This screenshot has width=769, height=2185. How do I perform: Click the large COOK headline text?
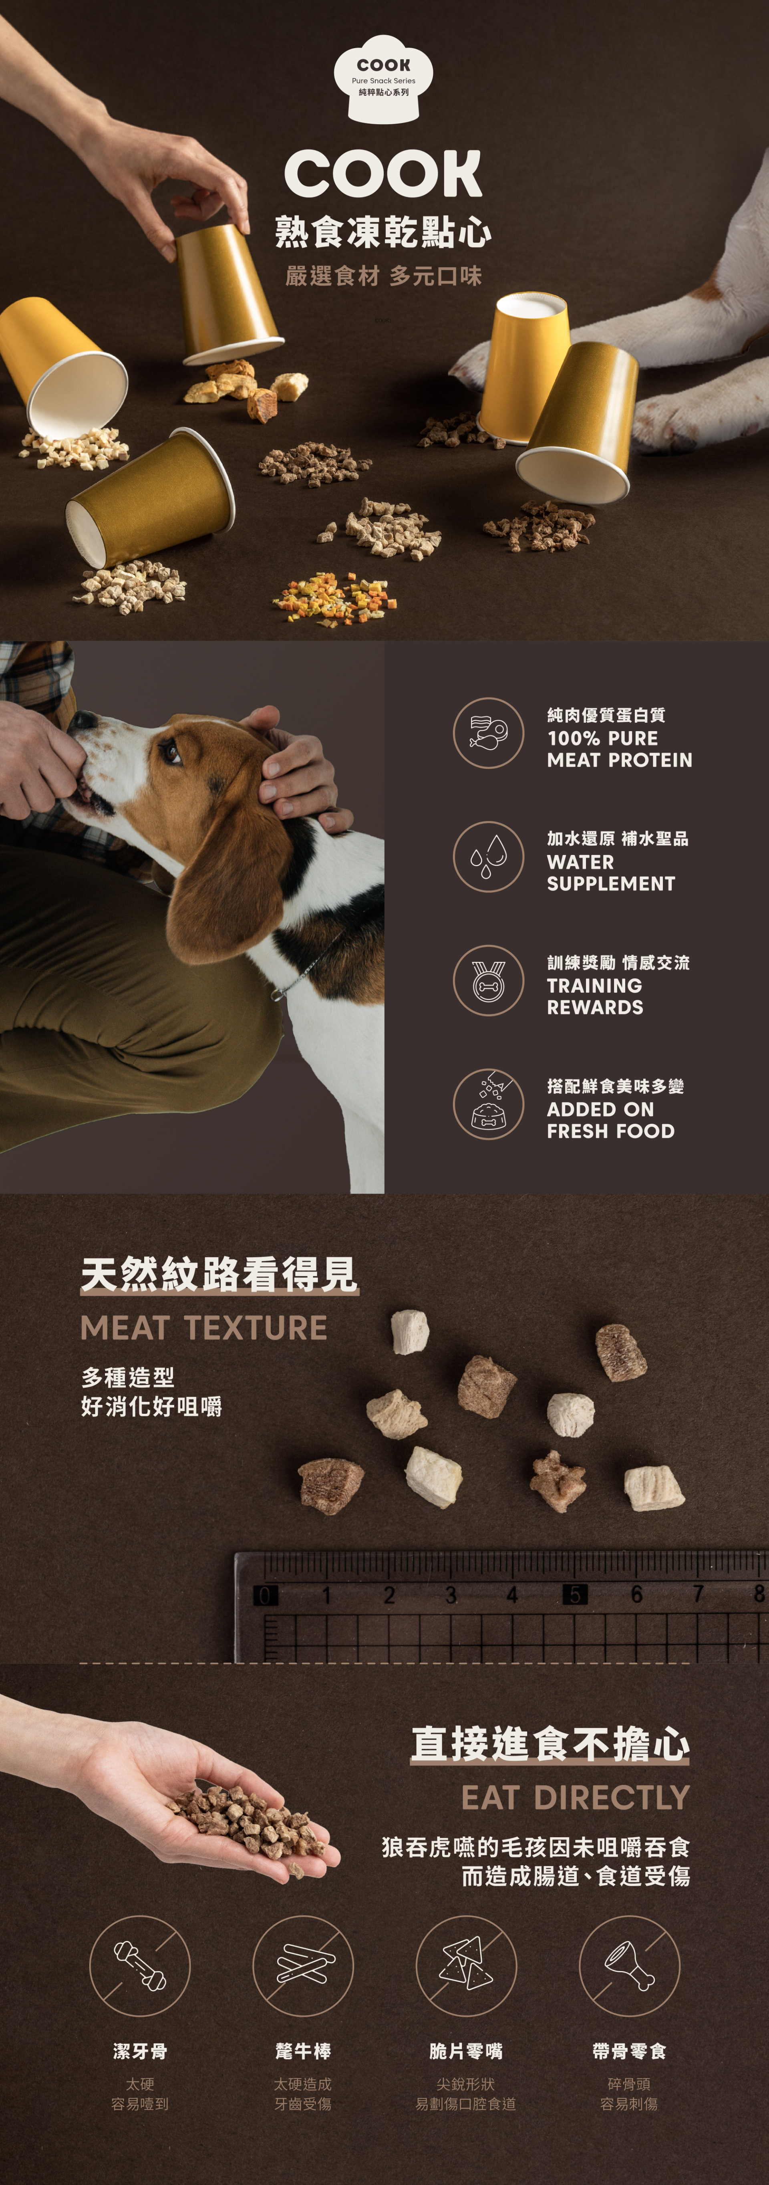click(x=383, y=174)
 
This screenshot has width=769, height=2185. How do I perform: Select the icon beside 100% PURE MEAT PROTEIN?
click(x=488, y=733)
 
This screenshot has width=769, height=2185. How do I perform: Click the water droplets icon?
click(x=488, y=857)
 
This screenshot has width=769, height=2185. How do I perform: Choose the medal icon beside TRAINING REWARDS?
click(x=488, y=981)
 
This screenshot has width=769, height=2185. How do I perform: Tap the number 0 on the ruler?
click(x=264, y=1596)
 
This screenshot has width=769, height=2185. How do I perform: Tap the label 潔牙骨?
click(x=140, y=2051)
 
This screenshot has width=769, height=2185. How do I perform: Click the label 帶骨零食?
click(x=629, y=2051)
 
